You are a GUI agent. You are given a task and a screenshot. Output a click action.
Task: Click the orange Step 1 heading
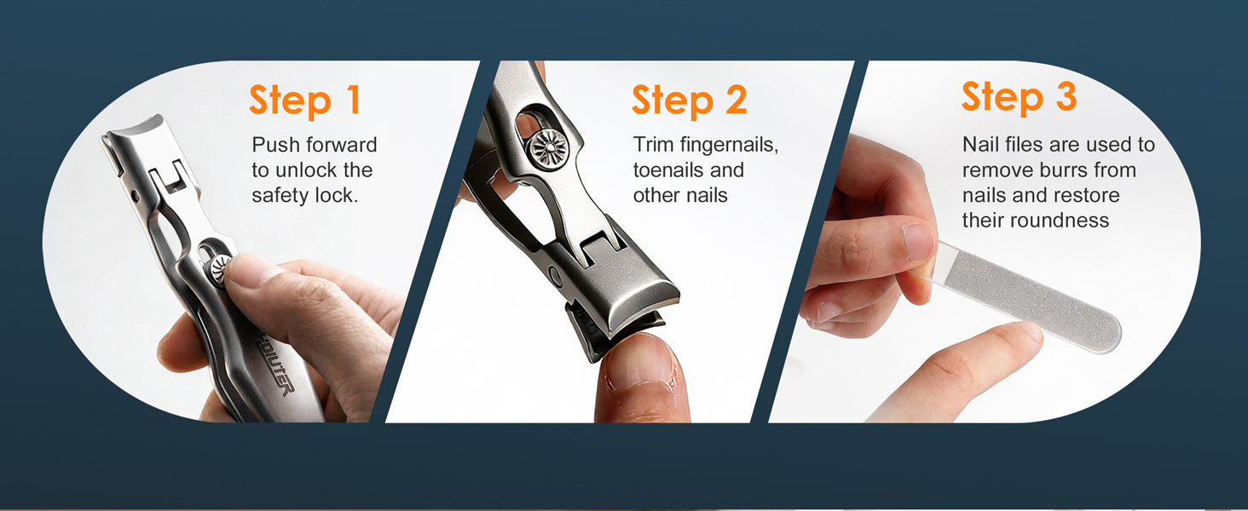[305, 100]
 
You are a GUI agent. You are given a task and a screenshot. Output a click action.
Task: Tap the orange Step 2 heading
[689, 100]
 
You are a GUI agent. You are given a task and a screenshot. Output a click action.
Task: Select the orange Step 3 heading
[1019, 97]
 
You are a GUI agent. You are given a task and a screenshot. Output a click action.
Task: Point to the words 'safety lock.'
[304, 195]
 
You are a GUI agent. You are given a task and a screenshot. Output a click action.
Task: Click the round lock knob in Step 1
[221, 268]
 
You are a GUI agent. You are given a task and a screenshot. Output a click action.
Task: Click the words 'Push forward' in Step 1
[314, 145]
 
